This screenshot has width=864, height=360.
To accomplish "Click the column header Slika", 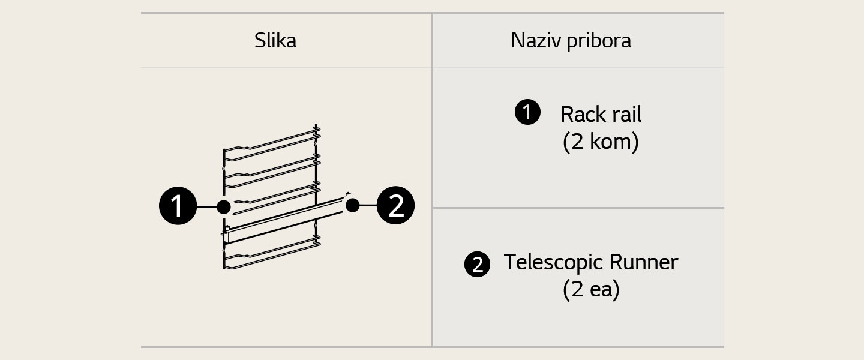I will coord(275,41).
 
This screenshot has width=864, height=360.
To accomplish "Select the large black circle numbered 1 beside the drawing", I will coord(178,206).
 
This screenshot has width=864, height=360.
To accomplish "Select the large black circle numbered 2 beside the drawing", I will coord(395,206).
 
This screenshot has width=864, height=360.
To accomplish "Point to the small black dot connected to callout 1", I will coord(224,207).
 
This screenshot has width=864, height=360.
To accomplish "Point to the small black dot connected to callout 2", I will coord(353,205).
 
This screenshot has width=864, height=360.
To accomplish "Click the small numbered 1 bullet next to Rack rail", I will coord(527,113).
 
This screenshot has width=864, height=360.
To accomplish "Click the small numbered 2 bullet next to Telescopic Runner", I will coord(477,265).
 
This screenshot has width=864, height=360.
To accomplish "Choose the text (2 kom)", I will coord(601,143).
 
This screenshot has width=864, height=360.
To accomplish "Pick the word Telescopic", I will coord(552,262).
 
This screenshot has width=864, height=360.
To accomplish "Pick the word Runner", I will coord(643,262).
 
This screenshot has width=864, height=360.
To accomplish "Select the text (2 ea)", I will coord(591,290).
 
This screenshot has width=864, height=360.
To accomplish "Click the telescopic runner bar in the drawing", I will coord(282,221).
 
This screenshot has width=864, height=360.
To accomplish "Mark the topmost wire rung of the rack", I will coord(270,145).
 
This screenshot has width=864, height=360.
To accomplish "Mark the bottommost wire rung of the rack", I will coord(270,254).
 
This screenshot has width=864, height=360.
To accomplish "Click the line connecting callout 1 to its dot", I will coord(207,207).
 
